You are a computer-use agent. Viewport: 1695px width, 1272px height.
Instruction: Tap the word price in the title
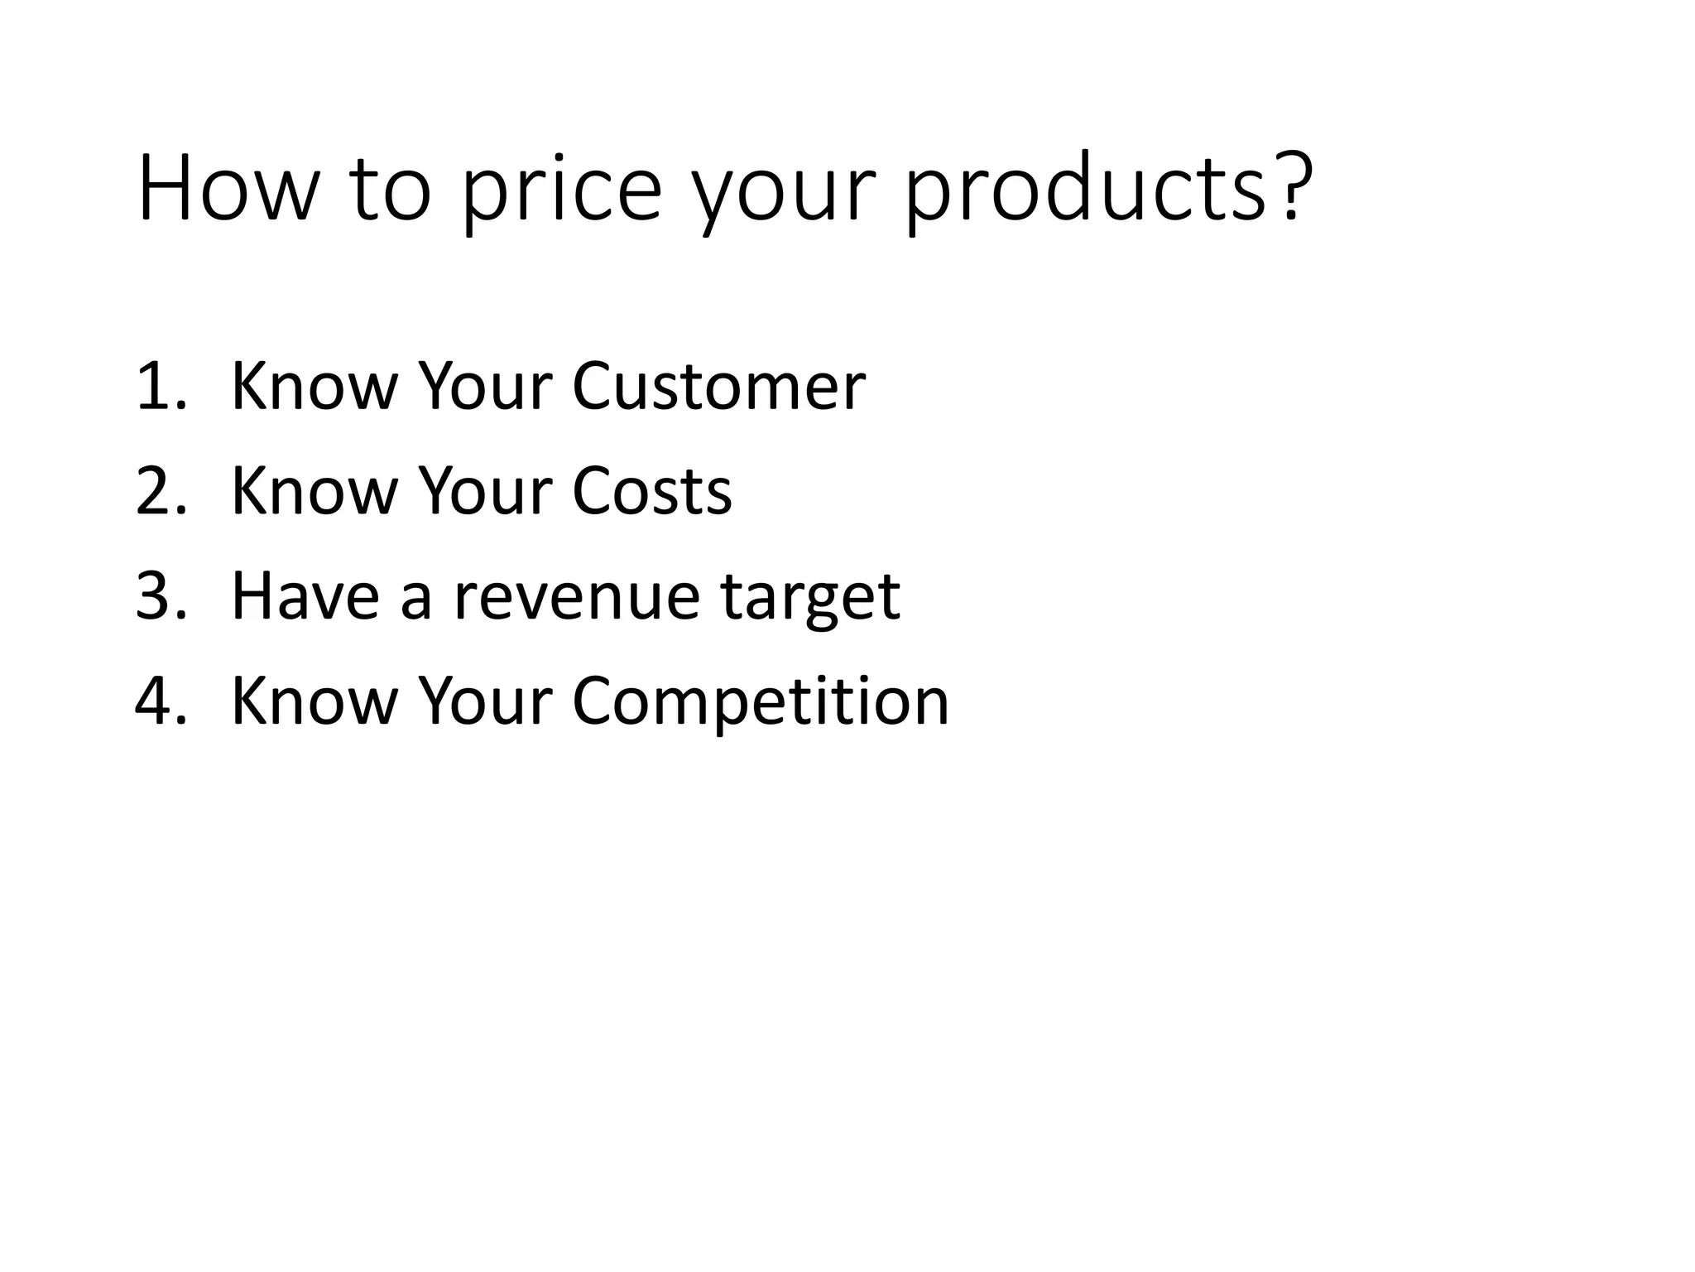click(561, 192)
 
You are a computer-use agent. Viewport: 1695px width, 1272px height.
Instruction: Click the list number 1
click(157, 386)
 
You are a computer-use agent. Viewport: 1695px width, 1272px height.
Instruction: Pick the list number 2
click(157, 491)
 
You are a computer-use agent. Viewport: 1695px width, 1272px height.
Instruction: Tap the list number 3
click(157, 596)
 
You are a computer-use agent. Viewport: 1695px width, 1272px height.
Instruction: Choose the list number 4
click(157, 701)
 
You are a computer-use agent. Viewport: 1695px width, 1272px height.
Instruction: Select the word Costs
click(651, 491)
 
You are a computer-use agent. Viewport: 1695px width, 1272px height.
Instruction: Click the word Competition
click(760, 703)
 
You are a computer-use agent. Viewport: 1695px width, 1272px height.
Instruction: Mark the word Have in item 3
click(305, 596)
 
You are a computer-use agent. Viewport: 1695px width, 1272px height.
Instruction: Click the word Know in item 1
click(314, 386)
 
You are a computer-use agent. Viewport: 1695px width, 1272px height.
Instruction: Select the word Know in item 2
click(314, 491)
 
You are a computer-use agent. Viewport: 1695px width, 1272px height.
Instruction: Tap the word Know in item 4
click(314, 701)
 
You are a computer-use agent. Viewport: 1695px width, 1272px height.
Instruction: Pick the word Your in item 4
click(486, 701)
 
